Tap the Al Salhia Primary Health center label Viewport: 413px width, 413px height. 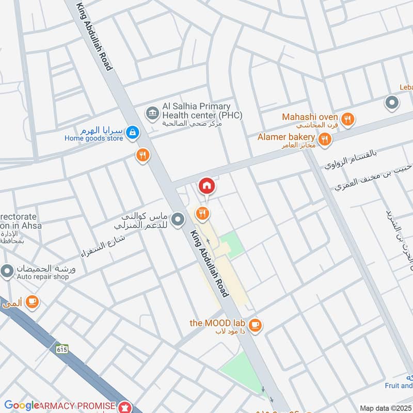tap(202, 110)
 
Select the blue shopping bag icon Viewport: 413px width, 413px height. tap(133, 133)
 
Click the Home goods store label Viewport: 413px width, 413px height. tap(93, 138)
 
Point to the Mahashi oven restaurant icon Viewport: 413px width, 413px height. tap(348, 119)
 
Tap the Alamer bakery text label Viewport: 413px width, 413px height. tap(287, 137)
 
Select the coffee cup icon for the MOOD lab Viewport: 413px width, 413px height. tap(255, 325)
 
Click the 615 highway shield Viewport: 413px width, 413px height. tap(62, 348)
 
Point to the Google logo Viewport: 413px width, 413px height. tap(22, 405)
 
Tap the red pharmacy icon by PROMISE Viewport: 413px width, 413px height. tap(124, 406)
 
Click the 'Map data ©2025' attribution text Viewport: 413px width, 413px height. tap(385, 408)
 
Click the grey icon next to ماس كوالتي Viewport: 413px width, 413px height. tap(178, 220)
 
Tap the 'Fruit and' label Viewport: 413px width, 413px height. tap(399, 385)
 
